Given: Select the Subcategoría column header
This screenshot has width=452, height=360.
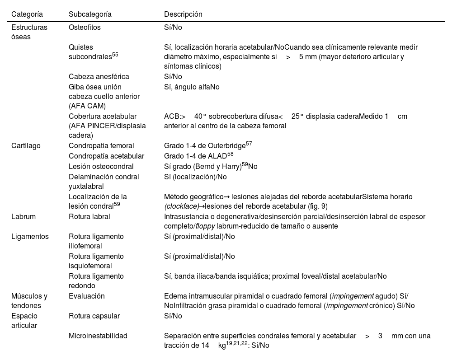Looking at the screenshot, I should point(90,14).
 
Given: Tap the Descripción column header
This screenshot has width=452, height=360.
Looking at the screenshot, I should point(183,14).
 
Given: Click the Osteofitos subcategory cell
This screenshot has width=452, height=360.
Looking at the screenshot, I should point(85,27).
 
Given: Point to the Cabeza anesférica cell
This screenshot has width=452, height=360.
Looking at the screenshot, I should point(99,77).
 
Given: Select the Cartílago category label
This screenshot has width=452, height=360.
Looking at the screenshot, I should point(26,146).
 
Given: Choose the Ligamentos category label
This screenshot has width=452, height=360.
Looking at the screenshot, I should point(30,236).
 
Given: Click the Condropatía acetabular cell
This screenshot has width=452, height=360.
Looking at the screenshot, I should point(106,156).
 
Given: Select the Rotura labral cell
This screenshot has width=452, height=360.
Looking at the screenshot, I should point(89,216).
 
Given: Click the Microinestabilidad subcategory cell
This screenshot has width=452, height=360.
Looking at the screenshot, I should point(98,336).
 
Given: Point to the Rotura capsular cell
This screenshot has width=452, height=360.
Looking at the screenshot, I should point(94,316).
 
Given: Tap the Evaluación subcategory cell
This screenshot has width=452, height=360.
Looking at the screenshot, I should point(86,296).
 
